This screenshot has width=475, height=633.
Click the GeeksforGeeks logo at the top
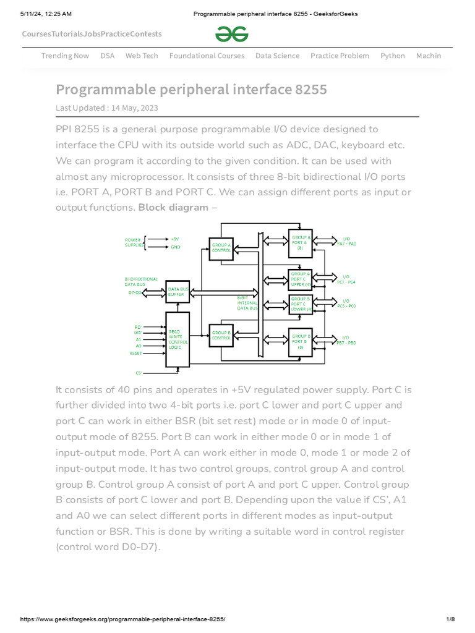pos(232,34)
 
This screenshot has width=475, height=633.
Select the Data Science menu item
pos(277,56)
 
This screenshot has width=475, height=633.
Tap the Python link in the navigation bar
pos(392,56)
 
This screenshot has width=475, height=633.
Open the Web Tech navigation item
pos(142,56)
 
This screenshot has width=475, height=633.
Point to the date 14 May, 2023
pos(135,108)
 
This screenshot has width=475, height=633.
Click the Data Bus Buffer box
pos(178,291)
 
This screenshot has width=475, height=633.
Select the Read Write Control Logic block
pos(178,340)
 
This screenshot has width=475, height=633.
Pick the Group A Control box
pos(221,247)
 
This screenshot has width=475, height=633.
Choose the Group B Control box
pos(221,336)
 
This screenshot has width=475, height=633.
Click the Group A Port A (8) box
pos(301,242)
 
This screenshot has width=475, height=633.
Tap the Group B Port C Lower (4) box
pos(301,304)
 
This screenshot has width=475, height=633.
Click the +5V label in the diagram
pos(175,238)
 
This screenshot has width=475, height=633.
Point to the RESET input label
pos(135,354)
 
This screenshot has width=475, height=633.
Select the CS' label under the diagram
pos(139,373)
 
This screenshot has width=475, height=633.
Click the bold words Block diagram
pos(173,207)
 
